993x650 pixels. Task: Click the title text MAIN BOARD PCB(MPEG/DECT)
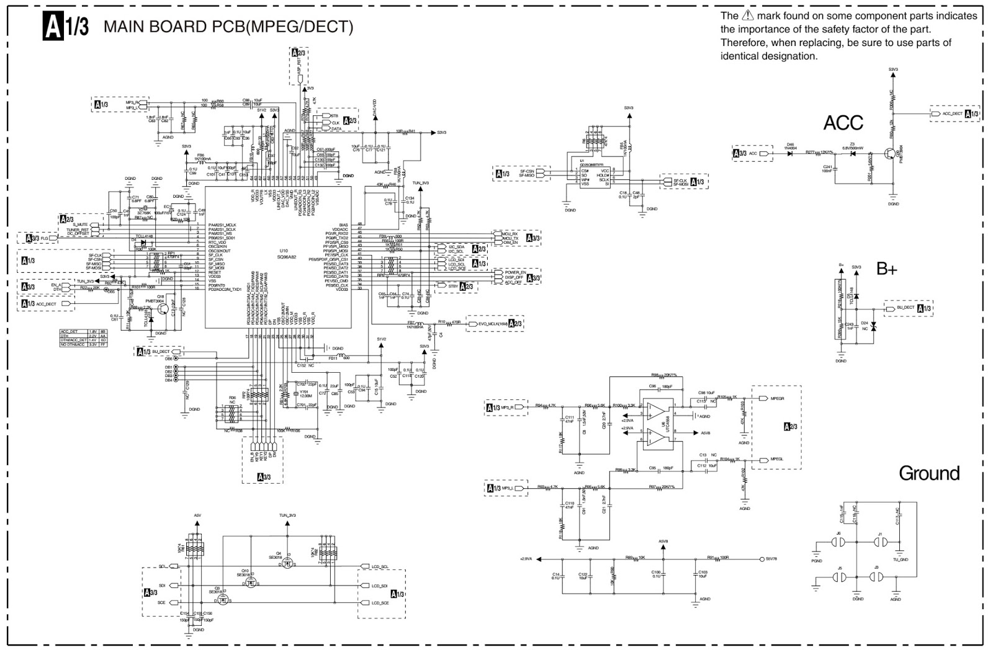coord(228,27)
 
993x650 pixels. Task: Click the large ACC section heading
coord(843,123)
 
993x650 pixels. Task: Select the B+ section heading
coord(887,269)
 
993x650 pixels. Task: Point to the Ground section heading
coord(929,473)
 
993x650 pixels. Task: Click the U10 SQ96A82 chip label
coord(286,254)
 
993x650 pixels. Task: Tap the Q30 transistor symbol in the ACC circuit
coord(891,154)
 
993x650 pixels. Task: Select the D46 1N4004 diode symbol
coord(790,153)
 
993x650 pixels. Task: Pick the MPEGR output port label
coord(776,399)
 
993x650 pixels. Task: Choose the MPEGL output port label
coord(776,460)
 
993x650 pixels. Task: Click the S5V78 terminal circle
coord(762,559)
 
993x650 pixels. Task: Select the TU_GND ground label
coord(901,559)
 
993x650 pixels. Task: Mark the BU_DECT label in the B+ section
coord(905,308)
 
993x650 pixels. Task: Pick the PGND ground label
coord(816,561)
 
